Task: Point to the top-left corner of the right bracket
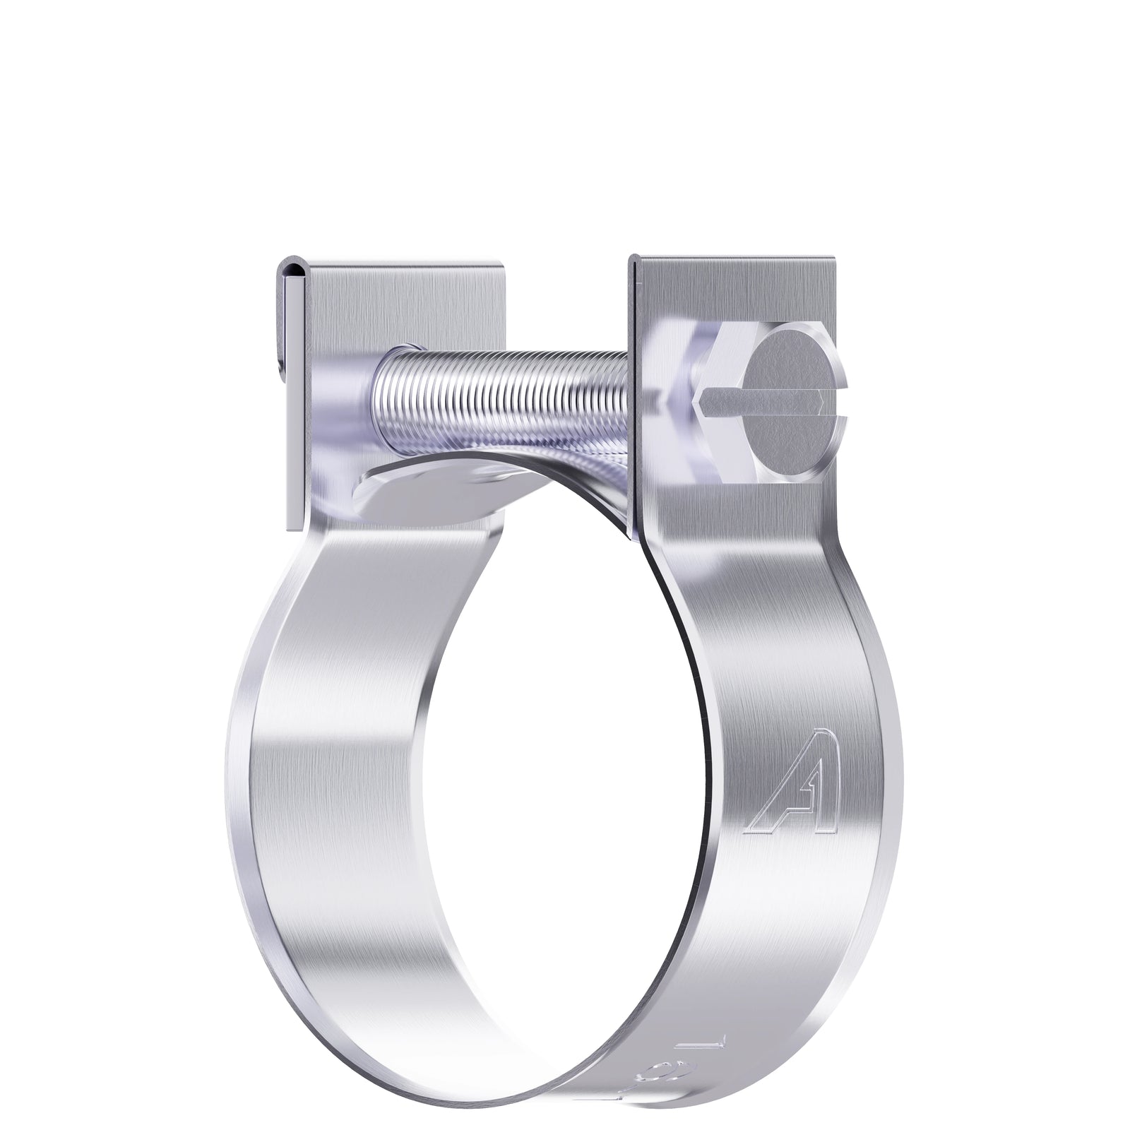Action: [634, 258]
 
